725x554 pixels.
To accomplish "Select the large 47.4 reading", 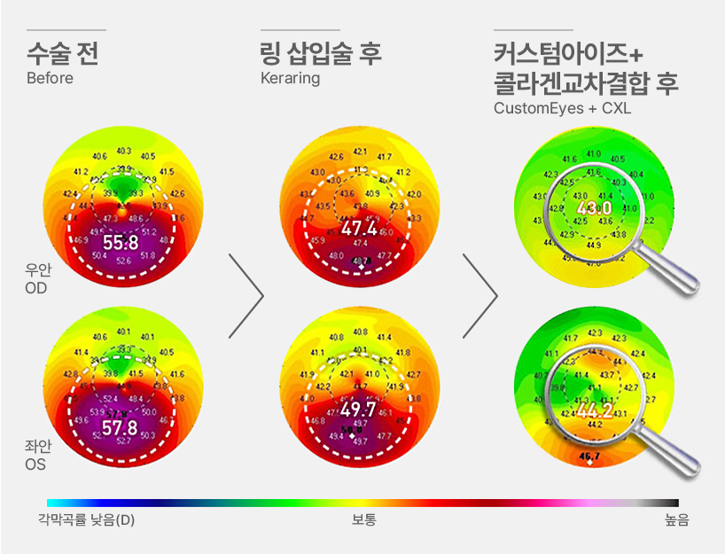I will tap(360, 230).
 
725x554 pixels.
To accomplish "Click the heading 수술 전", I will tap(62, 53).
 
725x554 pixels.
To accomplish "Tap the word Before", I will tap(50, 78).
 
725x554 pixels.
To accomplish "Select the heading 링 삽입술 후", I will tap(321, 53).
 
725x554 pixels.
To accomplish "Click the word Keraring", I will tap(290, 78).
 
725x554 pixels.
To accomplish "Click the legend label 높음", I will tap(676, 519).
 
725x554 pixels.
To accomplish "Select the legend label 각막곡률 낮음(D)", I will tap(86, 519).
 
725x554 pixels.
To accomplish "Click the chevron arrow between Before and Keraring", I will tap(248, 296).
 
